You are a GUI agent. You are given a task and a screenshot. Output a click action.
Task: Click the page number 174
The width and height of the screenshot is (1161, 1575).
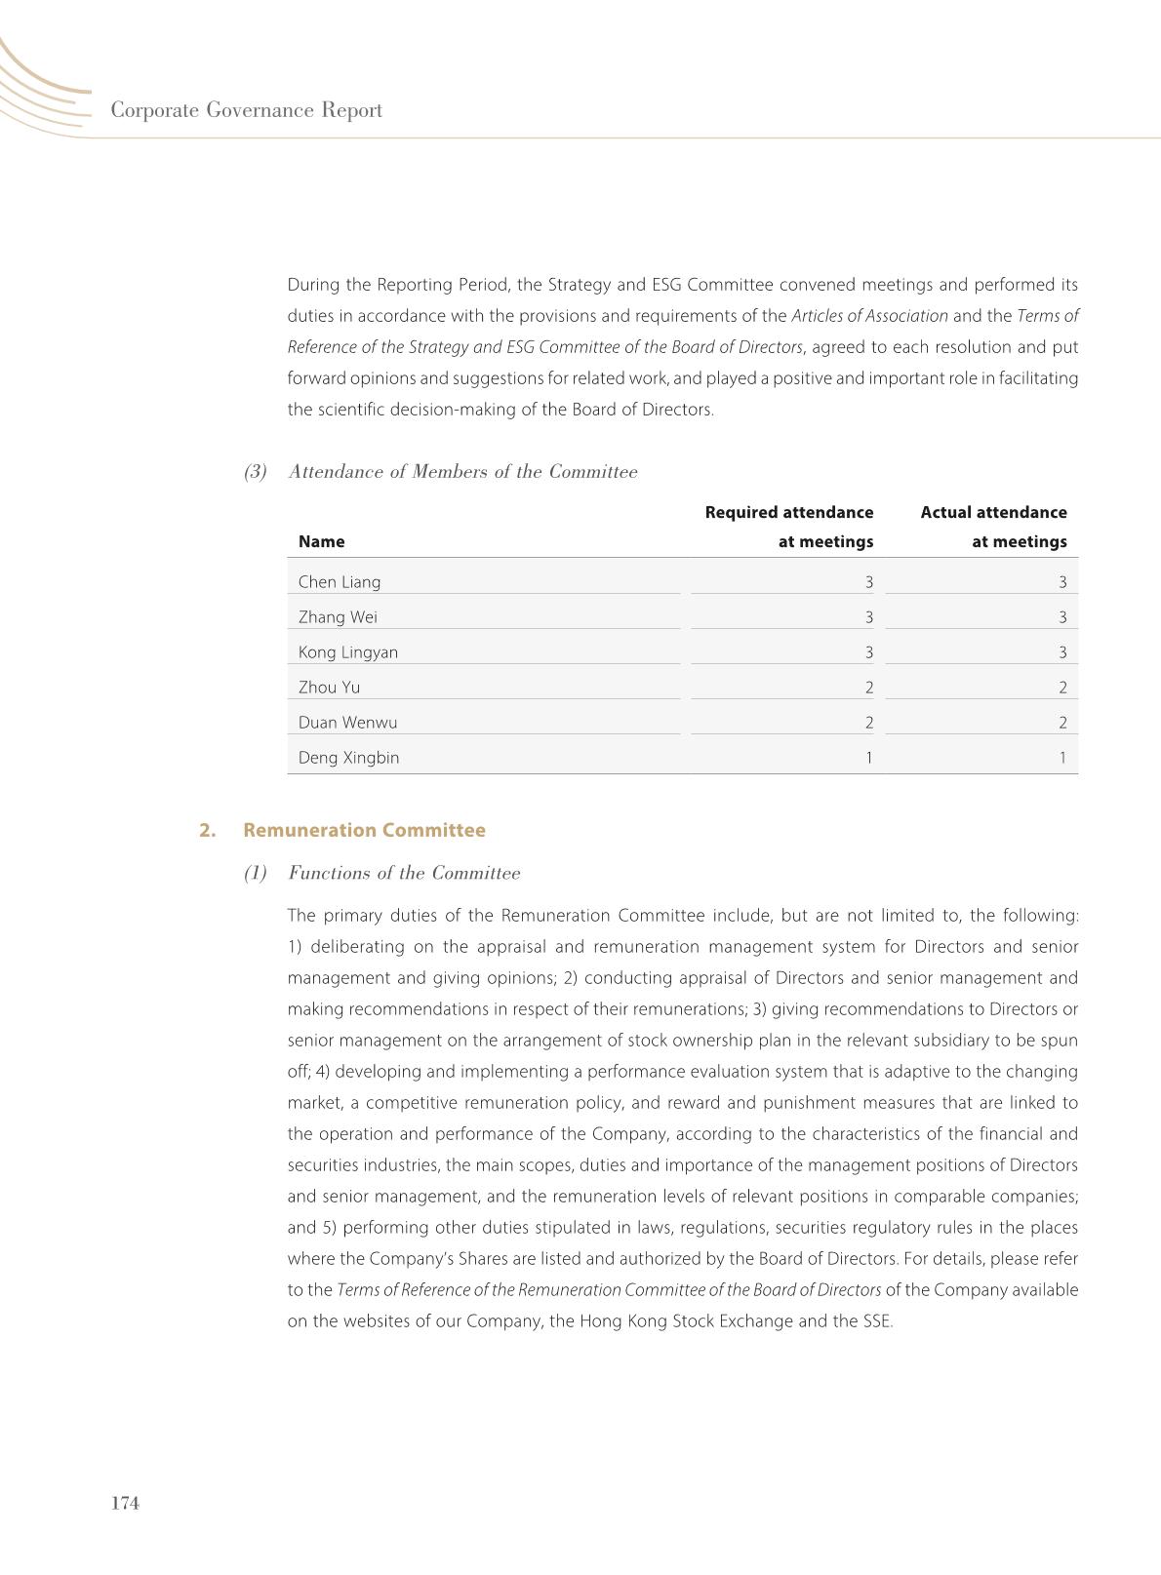(x=126, y=1503)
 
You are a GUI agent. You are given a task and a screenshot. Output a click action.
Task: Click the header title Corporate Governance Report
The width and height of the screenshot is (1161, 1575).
(x=246, y=110)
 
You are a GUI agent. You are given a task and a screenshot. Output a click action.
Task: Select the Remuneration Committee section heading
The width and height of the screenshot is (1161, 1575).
(x=364, y=830)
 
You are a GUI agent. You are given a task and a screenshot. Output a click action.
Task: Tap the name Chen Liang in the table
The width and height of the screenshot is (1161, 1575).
(x=340, y=582)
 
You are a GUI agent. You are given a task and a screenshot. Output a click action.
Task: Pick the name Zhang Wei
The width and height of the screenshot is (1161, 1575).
(x=338, y=617)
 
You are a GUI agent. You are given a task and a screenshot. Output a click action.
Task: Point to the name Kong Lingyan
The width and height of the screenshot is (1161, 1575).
(x=348, y=652)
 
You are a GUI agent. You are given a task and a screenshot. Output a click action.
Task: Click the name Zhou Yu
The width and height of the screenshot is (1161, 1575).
(x=329, y=688)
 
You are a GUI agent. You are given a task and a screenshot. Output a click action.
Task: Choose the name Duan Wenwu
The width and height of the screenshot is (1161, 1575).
(x=347, y=723)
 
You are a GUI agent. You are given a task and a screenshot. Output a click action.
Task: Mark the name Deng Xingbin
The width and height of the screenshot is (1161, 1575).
(x=348, y=758)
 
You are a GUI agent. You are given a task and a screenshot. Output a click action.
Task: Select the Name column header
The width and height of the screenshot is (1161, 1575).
(x=321, y=542)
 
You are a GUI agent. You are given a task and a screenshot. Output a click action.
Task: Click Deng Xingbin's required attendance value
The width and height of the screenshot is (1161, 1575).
(x=868, y=758)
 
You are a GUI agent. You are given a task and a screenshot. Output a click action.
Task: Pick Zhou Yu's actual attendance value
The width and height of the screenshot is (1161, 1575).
(x=1062, y=688)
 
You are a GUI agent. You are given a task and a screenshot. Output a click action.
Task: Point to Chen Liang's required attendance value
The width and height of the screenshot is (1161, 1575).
(x=868, y=582)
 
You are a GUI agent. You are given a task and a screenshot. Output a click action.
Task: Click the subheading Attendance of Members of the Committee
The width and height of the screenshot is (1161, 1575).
(x=462, y=472)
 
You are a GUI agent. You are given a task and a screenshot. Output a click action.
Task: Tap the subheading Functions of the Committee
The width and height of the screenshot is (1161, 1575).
(x=404, y=873)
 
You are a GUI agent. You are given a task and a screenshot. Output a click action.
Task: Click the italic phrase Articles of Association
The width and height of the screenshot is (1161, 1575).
(x=869, y=316)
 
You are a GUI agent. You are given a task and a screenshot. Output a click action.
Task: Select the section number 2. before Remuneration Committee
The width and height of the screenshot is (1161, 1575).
(x=207, y=830)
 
